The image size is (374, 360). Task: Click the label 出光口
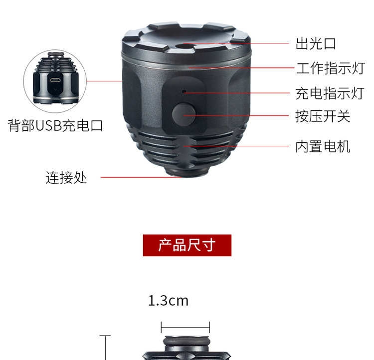click(316, 43)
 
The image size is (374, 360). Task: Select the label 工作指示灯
click(330, 68)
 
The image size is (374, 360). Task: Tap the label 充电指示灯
click(330, 92)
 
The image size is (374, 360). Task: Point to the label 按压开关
click(323, 117)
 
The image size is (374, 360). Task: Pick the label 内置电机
click(323, 147)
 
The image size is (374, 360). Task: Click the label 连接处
click(66, 177)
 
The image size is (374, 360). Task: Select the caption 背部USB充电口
click(55, 125)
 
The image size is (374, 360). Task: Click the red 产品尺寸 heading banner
click(187, 245)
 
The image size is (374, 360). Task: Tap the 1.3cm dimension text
click(168, 301)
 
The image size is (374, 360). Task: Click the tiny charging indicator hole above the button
click(184, 91)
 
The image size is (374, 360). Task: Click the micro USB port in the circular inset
click(55, 81)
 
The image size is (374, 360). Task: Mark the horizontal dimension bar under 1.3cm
click(185, 328)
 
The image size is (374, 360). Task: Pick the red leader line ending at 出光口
click(239, 43)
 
